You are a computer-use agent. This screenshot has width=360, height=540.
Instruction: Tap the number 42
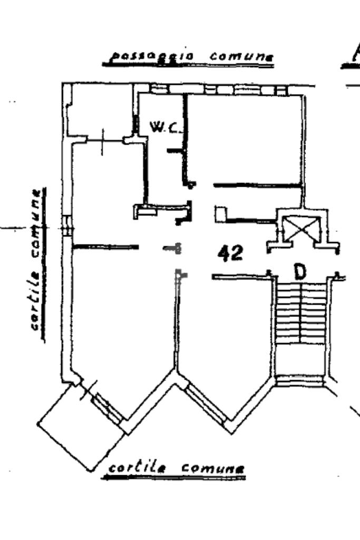[x=231, y=254]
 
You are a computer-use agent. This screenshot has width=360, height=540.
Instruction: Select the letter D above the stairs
[x=300, y=272]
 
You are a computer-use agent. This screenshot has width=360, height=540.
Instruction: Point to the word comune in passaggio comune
[x=241, y=56]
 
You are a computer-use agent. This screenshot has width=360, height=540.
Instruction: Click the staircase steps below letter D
[x=301, y=327]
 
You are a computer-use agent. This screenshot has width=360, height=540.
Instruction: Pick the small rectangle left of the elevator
[x=220, y=214]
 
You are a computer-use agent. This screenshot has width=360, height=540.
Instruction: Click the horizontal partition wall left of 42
[x=105, y=247]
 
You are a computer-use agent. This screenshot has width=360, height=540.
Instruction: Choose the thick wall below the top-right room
[x=257, y=185]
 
